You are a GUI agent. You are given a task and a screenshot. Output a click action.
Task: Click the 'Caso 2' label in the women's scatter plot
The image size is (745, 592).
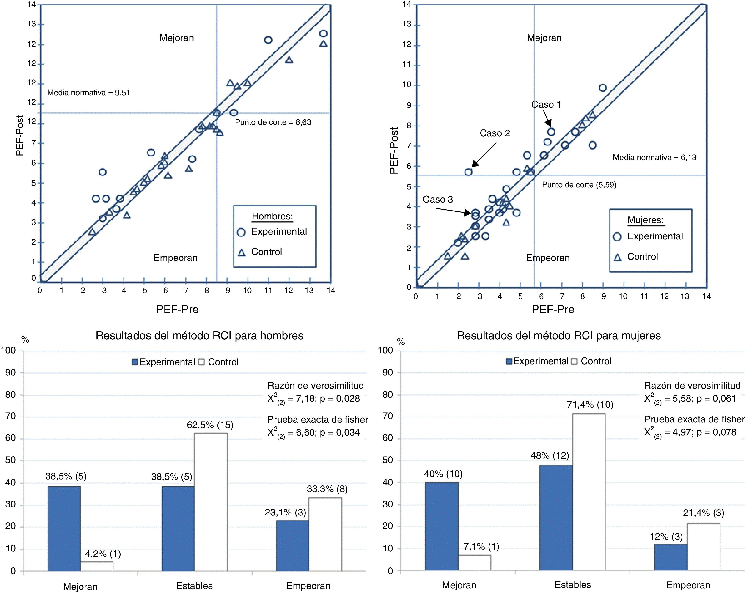click(495, 133)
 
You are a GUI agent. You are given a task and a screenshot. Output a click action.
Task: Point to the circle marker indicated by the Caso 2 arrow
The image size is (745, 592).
click(468, 172)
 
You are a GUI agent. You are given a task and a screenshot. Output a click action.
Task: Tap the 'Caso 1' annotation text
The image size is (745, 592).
click(546, 105)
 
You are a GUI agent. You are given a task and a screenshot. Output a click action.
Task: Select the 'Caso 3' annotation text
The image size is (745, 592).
click(438, 200)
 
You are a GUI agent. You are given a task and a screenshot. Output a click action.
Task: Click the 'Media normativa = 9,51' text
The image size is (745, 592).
click(88, 93)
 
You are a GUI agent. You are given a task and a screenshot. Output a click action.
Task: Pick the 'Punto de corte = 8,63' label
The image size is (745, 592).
click(273, 122)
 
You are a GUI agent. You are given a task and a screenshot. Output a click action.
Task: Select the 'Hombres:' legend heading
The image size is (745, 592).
click(272, 217)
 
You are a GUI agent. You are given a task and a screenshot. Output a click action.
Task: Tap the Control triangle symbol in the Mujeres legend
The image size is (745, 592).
click(618, 257)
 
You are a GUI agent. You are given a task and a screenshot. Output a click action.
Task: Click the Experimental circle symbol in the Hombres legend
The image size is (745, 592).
click(241, 232)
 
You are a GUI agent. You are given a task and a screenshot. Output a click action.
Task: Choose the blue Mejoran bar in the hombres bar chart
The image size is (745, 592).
click(64, 529)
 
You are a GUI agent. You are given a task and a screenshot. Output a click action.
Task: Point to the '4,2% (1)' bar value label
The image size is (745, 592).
click(103, 554)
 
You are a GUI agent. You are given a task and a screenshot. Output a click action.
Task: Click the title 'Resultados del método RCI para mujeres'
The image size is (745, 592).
click(559, 336)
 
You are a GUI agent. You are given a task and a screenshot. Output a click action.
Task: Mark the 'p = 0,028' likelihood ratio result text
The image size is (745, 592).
click(340, 399)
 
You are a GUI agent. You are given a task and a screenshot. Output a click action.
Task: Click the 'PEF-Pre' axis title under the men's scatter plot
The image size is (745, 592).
click(177, 310)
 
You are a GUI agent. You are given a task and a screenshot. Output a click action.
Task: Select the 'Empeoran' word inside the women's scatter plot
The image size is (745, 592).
click(548, 258)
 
